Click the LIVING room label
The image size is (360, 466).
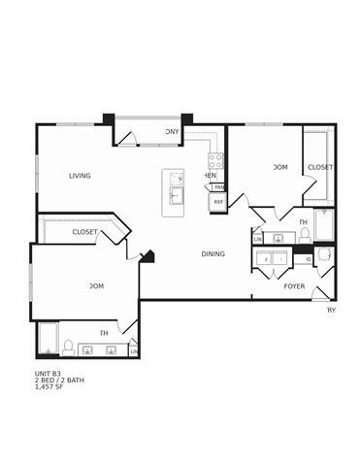coord(80,176)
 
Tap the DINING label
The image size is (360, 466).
coord(213,254)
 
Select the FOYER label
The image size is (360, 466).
coord(294,286)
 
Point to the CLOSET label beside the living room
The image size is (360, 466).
coord(84,232)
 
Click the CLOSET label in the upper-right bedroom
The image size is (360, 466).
coord(320,167)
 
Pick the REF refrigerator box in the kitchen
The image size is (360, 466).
coord(218,202)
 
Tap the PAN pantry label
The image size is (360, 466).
coord(219,187)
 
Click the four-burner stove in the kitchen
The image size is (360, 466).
coord(215,161)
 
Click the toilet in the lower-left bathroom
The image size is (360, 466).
coord(68,346)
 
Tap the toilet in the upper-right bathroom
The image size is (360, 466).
coord(305,235)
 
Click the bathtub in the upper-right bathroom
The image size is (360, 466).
coord(324,226)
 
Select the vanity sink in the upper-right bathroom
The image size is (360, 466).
coord(278,237)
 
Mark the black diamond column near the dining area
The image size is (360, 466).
coord(148,257)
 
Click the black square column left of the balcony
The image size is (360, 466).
coord(109,119)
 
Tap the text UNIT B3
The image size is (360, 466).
coord(48,372)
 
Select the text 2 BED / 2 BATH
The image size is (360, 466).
coord(59,380)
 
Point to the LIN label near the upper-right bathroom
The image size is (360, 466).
coord(257,238)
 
